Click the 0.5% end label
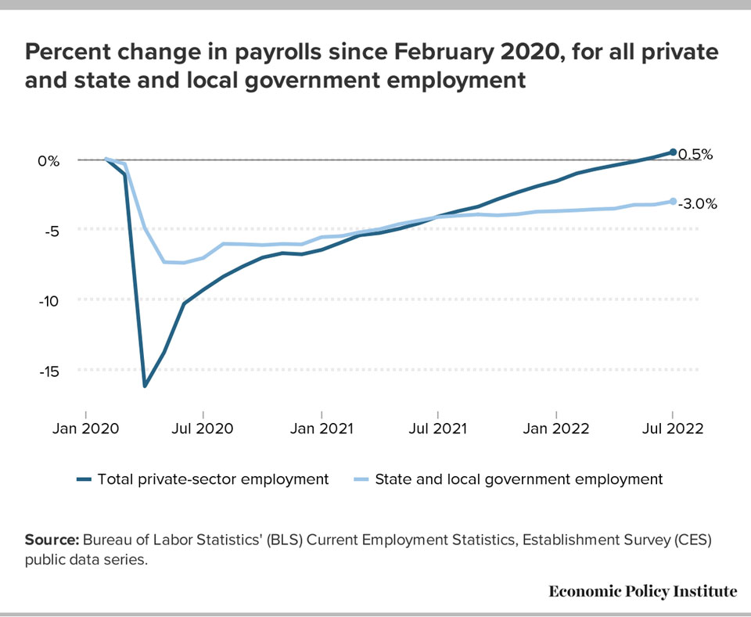point(695,154)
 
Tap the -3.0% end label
point(697,203)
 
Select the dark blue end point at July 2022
point(673,152)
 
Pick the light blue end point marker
point(673,201)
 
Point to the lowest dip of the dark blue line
point(145,386)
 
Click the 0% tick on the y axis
point(48,160)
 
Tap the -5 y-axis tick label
point(49,231)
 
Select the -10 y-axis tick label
point(47,300)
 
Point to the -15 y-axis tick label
point(47,371)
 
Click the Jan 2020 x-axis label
point(86,429)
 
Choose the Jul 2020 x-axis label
point(204,429)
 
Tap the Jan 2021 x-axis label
point(322,429)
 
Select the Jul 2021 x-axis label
point(439,429)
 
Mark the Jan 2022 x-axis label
point(556,429)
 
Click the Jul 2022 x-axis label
point(674,429)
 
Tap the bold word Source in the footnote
point(52,540)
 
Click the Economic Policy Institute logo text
point(642,591)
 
